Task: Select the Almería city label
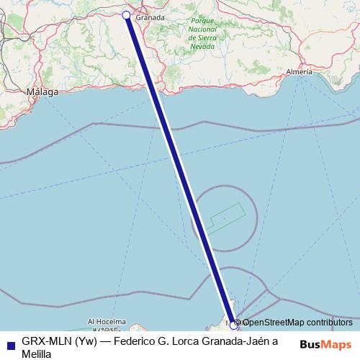click(299, 72)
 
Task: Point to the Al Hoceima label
click(107, 322)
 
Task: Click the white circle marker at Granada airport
click(127, 15)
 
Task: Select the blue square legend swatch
click(9, 342)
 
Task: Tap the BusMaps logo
click(325, 344)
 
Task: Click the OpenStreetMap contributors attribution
click(297, 322)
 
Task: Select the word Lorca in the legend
click(188, 341)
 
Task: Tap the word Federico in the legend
click(139, 341)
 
